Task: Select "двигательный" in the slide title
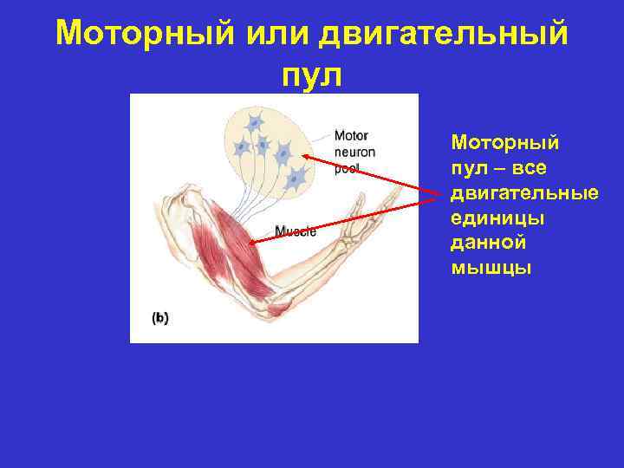444,35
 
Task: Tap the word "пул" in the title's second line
312,76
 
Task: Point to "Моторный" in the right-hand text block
505,140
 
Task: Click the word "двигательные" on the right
524,191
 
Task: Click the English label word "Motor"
351,135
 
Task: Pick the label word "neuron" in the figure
354,152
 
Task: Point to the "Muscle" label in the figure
296,231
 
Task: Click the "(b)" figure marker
160,318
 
